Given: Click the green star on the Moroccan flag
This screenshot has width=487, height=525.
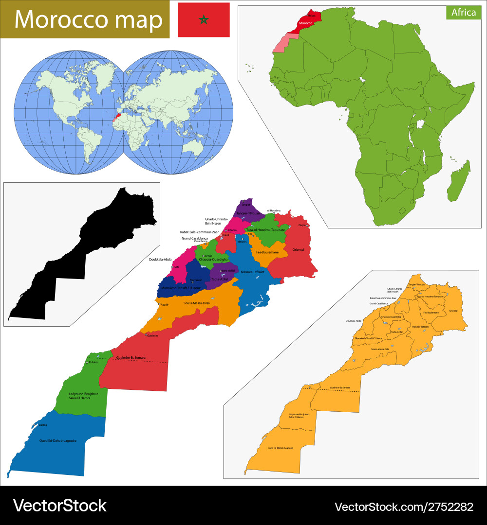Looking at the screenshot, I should [x=204, y=20].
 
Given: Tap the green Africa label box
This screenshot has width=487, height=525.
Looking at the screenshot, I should [x=463, y=13].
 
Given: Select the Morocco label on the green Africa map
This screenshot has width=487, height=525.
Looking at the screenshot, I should [x=305, y=23].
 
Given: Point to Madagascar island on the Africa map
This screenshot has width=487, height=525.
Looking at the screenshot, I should [x=460, y=182].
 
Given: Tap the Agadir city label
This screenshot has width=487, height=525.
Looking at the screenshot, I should [x=165, y=304].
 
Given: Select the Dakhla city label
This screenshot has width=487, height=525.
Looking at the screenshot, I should [x=43, y=425].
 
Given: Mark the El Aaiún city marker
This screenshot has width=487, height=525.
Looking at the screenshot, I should [x=87, y=362].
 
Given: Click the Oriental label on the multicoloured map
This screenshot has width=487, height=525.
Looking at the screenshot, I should [x=298, y=250].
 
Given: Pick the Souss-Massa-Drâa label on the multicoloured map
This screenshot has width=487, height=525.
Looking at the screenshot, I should [x=196, y=303].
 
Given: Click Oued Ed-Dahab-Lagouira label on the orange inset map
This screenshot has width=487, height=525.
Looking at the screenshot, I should [x=280, y=448].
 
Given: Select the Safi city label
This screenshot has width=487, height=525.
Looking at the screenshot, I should [x=177, y=266].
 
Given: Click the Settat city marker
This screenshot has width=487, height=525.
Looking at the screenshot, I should [x=203, y=256].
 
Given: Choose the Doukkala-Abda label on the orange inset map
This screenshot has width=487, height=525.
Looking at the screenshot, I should [x=354, y=321].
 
